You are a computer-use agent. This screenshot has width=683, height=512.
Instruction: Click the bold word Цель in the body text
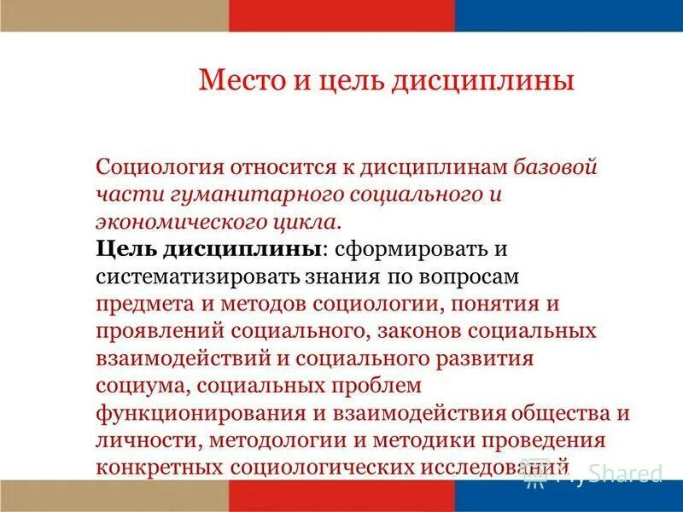(124, 248)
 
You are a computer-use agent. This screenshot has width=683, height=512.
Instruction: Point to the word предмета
(133, 304)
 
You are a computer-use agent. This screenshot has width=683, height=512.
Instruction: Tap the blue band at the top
(569, 15)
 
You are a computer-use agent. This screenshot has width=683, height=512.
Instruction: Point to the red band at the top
(341, 15)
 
